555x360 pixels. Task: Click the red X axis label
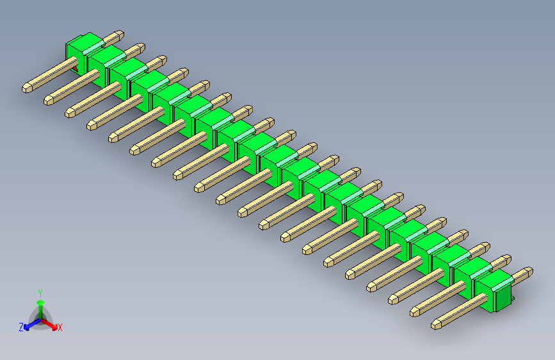(x=60, y=328)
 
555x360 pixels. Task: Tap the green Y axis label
(x=40, y=291)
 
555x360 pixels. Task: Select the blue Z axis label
(x=21, y=327)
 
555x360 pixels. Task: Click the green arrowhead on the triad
(x=40, y=301)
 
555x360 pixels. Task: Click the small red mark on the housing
(x=75, y=68)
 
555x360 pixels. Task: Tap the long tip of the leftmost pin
(x=27, y=86)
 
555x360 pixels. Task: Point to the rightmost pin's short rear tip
(x=527, y=272)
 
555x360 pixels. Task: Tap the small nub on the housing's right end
(x=513, y=299)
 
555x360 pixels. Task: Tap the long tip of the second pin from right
(x=415, y=312)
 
